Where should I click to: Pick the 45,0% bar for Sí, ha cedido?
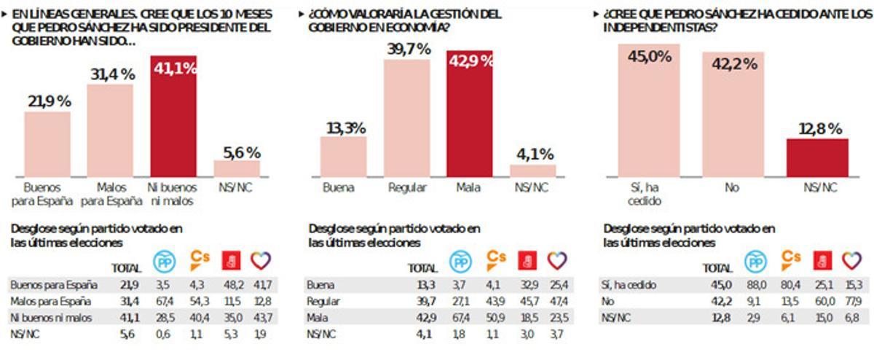click(650, 109)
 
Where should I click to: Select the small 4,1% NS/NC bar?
click(532, 169)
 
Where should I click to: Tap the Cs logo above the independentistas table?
click(791, 259)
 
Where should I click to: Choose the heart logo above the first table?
click(261, 260)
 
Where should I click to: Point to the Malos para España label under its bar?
click(110, 194)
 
